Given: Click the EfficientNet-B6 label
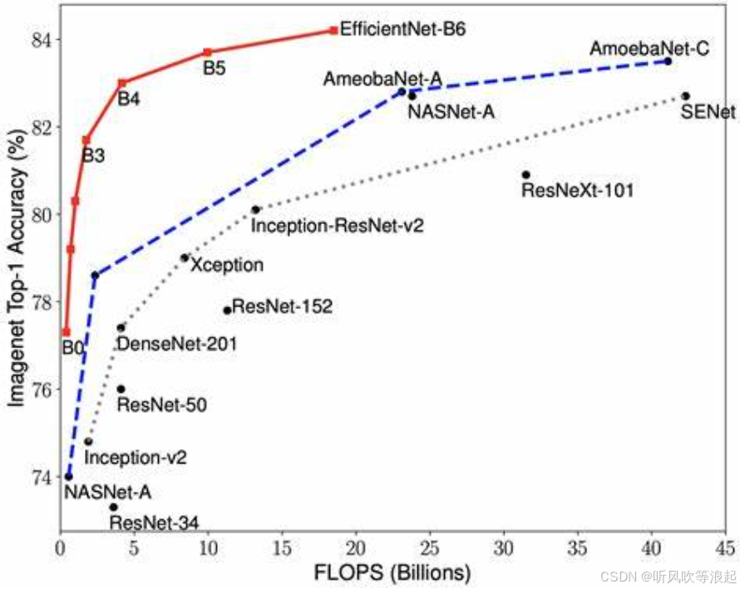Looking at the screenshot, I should tap(402, 29).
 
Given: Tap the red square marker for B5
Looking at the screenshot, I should tap(208, 52).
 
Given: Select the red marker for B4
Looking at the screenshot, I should tap(122, 83).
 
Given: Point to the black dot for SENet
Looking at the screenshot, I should tap(686, 96).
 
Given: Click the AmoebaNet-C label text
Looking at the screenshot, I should tap(649, 49).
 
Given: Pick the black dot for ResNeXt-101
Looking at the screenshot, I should tap(525, 174).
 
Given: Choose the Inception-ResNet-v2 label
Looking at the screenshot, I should tap(338, 225).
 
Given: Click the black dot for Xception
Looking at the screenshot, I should tap(185, 258).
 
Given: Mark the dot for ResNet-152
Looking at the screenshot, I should tap(227, 310).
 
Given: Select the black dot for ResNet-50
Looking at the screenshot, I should tap(121, 389).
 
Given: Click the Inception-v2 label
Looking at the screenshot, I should tap(136, 457).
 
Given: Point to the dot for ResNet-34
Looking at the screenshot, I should tap(113, 507).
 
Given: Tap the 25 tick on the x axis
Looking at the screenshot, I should tap(430, 549).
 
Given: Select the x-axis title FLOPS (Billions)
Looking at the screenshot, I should tap(391, 574).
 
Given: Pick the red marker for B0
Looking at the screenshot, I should tap(66, 332).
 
